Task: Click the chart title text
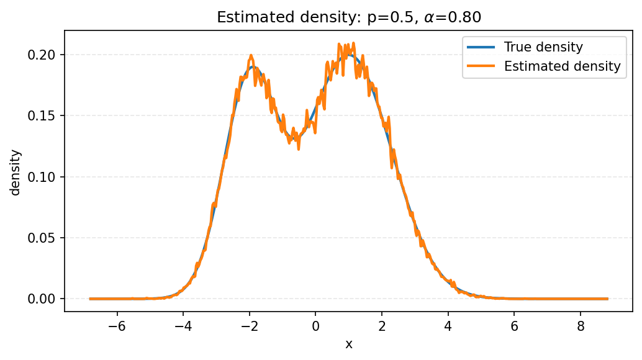point(348,18)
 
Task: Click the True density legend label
point(543,47)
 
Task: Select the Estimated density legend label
point(562,66)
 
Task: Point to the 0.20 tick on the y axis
point(43,55)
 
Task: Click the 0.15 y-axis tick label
point(43,115)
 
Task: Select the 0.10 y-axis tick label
point(43,177)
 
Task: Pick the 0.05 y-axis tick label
point(43,238)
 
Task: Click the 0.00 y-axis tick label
point(43,299)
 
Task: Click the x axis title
point(348,344)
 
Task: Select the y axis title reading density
point(16,172)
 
